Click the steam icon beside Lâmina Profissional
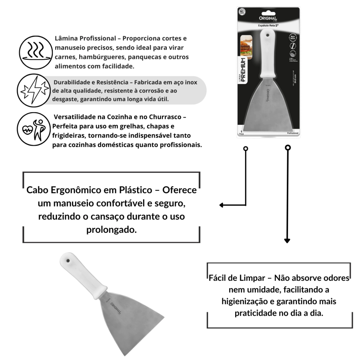(x=34, y=52)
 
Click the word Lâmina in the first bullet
(x=66, y=38)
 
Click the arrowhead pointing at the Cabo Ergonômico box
(x=221, y=205)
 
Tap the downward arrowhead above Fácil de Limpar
(x=287, y=241)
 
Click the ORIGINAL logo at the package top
(x=268, y=18)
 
